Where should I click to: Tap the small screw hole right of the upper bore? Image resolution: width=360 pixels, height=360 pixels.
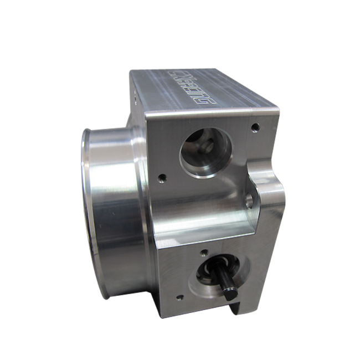[x=254, y=127]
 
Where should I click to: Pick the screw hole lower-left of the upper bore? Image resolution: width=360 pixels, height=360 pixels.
[x=162, y=178]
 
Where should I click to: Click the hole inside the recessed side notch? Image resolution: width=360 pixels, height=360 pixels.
[x=254, y=198]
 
